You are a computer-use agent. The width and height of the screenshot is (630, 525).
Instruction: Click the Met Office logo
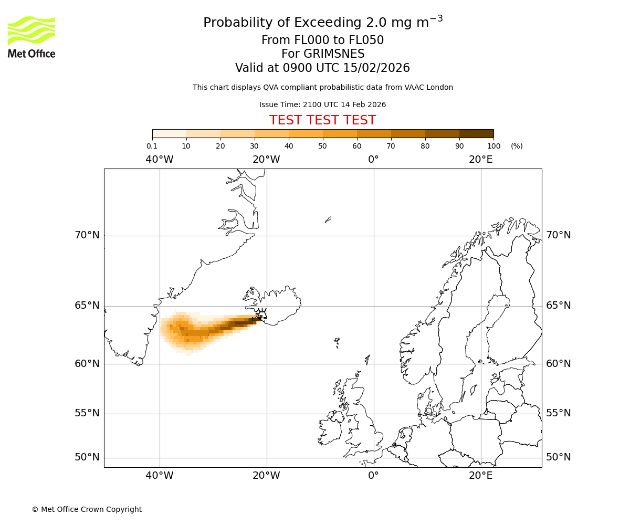click(31, 37)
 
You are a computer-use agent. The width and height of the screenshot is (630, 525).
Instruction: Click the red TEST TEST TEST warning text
click(322, 120)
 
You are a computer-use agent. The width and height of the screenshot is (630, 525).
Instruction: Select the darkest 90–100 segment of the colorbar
click(476, 133)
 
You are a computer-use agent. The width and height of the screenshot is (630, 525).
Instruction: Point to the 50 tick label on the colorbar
click(322, 146)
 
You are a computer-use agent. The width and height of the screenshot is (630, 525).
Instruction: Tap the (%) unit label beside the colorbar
click(517, 146)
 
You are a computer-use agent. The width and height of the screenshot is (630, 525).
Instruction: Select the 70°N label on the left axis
click(87, 235)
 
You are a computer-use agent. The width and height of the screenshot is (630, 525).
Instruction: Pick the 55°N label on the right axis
click(559, 413)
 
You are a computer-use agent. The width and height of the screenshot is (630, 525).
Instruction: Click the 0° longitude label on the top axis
click(373, 159)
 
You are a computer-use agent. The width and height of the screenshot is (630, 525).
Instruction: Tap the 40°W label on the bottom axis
click(160, 476)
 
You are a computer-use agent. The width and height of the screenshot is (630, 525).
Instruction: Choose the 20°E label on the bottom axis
click(480, 476)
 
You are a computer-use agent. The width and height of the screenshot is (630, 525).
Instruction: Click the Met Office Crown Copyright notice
click(87, 509)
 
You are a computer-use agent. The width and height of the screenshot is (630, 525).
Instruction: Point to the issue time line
click(322, 104)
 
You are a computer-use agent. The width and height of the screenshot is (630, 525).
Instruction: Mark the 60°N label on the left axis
click(87, 363)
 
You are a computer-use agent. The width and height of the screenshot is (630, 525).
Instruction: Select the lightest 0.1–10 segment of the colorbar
click(169, 133)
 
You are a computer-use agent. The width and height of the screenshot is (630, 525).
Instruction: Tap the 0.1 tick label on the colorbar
click(152, 146)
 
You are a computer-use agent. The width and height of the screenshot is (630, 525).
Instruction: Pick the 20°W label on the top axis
click(266, 159)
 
